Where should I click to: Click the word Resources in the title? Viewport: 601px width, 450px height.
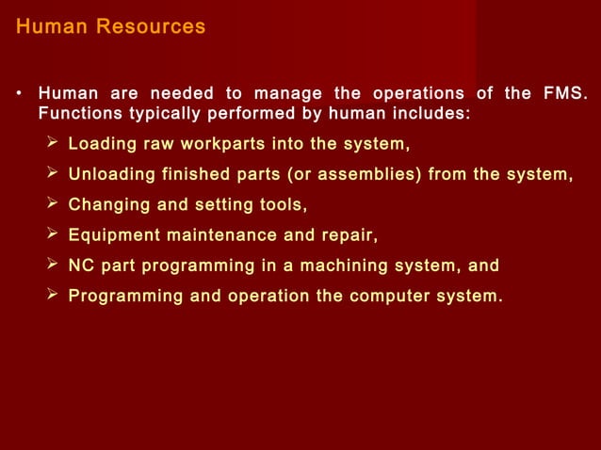[x=155, y=26]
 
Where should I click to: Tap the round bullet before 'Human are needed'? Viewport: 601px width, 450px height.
[x=19, y=94]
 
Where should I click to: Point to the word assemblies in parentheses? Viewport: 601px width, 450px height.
[x=377, y=175]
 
